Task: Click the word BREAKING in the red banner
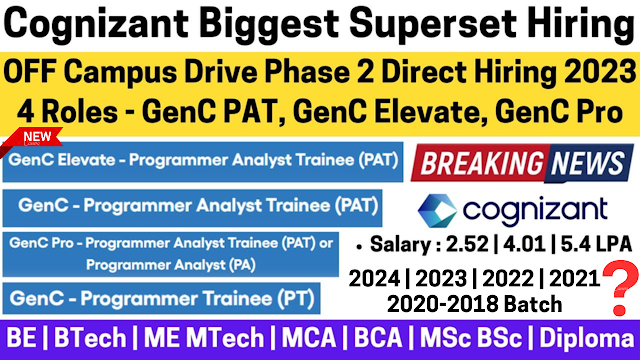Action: click(x=481, y=163)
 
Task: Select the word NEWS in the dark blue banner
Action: click(x=588, y=163)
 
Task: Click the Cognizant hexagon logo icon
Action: click(x=438, y=211)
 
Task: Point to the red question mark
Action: click(x=620, y=288)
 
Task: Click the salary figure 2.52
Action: click(x=467, y=244)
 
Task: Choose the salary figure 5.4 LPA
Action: click(x=596, y=244)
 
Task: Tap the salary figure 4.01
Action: click(x=524, y=244)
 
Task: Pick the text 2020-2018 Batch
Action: click(x=474, y=304)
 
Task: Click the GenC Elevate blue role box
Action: click(x=203, y=162)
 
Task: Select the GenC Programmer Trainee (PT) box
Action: click(x=162, y=298)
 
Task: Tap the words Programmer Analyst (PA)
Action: click(x=171, y=265)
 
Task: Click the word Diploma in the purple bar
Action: click(x=587, y=339)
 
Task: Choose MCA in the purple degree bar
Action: click(x=309, y=338)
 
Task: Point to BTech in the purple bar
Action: click(x=90, y=338)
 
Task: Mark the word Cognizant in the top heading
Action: click(x=97, y=24)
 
